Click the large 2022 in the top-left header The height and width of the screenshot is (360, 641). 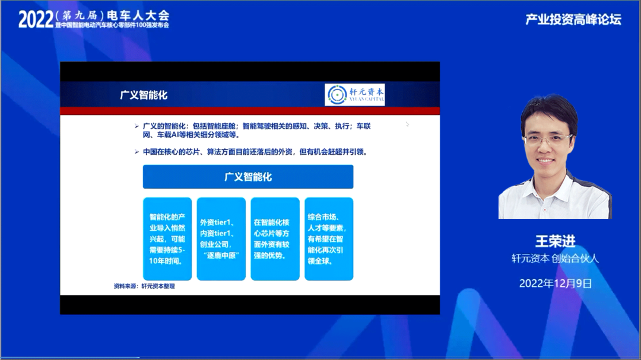pos(36,19)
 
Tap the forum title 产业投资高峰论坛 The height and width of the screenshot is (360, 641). pos(573,19)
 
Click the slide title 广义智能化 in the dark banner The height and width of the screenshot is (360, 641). pos(144,95)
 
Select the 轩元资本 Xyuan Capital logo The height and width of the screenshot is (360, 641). pos(354,95)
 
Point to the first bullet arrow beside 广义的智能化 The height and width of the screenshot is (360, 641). pos(137,126)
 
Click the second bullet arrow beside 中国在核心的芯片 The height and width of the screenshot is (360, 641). pos(137,152)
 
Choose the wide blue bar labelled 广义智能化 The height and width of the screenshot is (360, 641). pos(248,177)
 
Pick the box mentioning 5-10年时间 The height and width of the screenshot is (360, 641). pos(167,239)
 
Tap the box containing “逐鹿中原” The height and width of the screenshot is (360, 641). pos(221,239)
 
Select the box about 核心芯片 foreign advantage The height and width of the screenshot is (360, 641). pos(275,239)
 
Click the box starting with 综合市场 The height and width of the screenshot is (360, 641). pos(329,239)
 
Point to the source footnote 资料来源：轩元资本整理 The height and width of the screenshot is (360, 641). pos(144,286)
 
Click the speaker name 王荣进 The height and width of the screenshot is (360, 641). pos(555,241)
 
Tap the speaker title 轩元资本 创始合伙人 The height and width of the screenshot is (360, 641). pos(555,258)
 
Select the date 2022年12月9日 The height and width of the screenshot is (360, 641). pos(555,283)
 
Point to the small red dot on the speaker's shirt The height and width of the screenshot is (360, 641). pos(544,209)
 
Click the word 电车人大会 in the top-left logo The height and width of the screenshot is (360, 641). pos(138,15)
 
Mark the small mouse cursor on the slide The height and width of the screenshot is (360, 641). pos(407,124)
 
